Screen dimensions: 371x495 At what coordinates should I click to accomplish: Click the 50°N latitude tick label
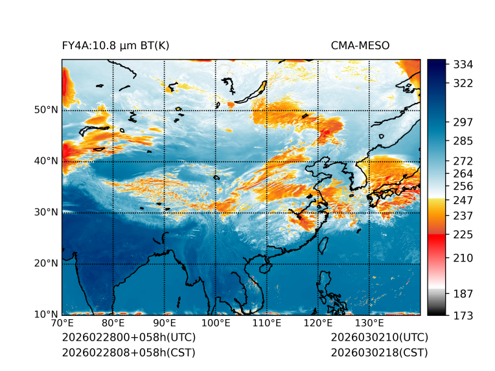click(46, 109)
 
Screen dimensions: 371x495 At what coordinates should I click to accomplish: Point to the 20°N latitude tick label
click(46, 264)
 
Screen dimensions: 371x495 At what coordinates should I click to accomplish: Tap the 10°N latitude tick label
click(46, 315)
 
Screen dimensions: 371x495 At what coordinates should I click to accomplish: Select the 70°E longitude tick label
click(62, 323)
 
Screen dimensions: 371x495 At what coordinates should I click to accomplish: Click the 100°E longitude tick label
click(216, 323)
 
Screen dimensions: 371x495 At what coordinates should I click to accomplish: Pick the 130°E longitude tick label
click(369, 323)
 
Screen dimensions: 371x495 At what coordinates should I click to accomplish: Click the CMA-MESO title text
click(360, 45)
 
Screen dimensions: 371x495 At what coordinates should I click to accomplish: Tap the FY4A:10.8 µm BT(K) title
click(115, 45)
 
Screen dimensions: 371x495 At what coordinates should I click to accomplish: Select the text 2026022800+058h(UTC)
click(128, 337)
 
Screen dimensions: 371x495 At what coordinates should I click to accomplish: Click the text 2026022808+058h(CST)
click(128, 352)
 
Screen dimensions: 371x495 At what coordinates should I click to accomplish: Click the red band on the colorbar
click(436, 240)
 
